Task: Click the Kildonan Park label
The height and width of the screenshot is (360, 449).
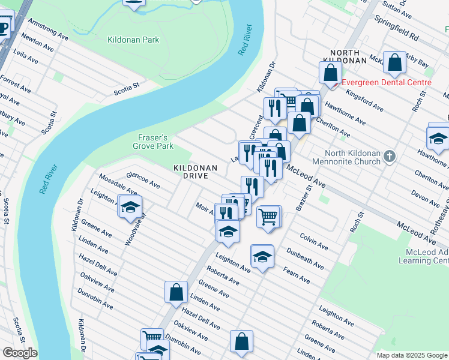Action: tap(133, 40)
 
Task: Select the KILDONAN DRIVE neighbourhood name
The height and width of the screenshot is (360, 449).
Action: tap(191, 172)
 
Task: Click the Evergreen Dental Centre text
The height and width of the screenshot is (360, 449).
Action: tap(387, 82)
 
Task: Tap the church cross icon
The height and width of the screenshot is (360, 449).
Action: tap(390, 157)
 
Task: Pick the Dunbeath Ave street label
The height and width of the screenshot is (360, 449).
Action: tap(305, 259)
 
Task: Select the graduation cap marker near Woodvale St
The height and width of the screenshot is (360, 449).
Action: tap(130, 207)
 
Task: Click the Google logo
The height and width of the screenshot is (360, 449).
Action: tap(20, 353)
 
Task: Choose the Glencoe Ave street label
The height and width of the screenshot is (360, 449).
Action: tap(143, 179)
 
